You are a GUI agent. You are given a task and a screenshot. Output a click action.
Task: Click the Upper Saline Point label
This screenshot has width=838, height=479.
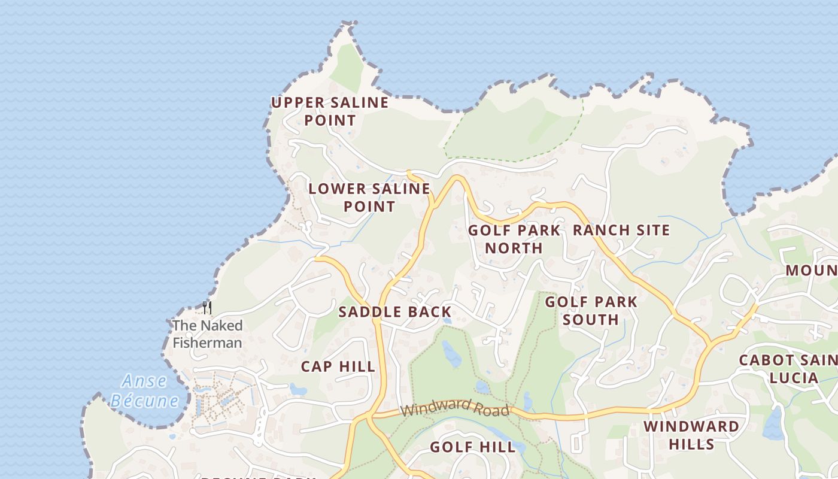(330, 111)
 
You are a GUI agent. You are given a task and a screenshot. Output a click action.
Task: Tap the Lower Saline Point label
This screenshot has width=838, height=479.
(369, 198)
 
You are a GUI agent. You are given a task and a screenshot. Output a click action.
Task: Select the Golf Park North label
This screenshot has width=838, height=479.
(514, 239)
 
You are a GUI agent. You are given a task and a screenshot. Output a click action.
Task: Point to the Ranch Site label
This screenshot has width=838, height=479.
(621, 230)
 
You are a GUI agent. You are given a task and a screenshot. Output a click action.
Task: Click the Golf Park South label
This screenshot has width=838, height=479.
(591, 310)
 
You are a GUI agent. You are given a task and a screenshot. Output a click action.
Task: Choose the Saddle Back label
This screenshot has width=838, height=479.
(394, 311)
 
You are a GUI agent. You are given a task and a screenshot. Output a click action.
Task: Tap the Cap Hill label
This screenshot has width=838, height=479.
(338, 366)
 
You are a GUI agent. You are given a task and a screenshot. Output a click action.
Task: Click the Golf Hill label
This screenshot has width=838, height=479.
(472, 447)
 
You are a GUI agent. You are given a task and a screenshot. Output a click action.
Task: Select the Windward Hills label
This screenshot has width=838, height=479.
(691, 435)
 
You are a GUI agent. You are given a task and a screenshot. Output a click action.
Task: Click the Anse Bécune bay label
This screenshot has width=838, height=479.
(144, 390)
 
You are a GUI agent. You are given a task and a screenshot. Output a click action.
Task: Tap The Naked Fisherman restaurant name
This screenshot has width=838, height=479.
(207, 334)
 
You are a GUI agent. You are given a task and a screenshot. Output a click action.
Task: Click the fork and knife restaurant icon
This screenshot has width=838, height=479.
(207, 308)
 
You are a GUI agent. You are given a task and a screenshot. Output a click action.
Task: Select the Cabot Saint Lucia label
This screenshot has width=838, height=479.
(788, 369)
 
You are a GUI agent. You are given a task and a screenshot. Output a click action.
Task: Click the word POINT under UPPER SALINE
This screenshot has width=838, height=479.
(330, 120)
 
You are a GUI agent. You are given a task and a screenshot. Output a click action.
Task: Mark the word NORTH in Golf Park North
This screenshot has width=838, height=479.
(514, 248)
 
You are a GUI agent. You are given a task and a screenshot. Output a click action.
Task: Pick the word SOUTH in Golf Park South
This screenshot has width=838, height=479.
(591, 319)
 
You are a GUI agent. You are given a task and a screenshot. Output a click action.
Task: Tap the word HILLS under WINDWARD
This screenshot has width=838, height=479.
(691, 444)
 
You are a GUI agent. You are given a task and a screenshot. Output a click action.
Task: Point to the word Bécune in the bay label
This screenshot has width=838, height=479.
(144, 400)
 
